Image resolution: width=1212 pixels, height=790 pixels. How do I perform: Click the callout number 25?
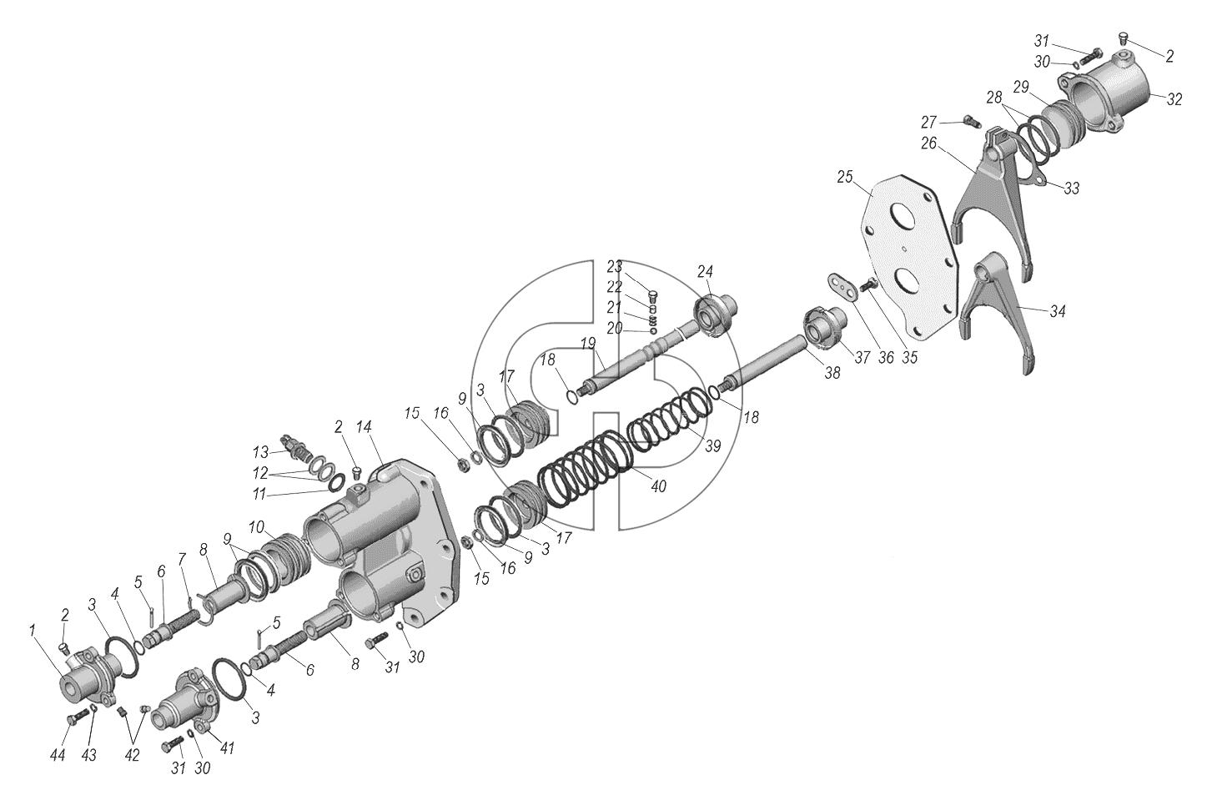[x=845, y=177]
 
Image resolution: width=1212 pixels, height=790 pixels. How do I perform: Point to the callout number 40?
[x=658, y=486]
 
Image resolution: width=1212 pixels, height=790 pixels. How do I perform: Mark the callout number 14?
[x=365, y=427]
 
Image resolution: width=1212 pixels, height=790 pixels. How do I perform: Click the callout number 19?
[x=588, y=343]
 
